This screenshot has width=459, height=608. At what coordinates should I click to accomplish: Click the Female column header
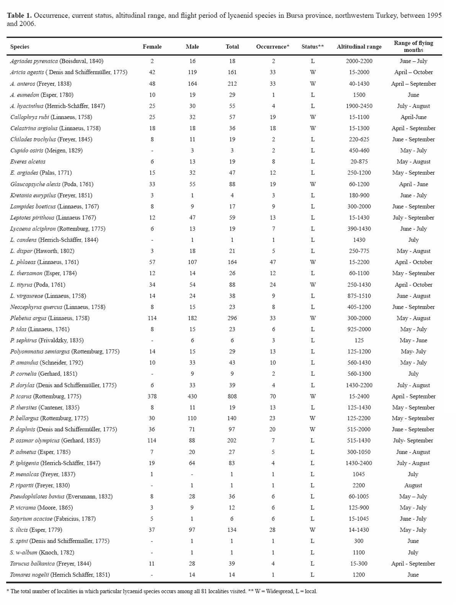[152, 47]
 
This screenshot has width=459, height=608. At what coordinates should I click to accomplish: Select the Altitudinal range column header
[359, 47]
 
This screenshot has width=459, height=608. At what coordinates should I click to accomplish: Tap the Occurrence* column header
[272, 47]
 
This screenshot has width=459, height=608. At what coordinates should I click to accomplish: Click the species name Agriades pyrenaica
[34, 61]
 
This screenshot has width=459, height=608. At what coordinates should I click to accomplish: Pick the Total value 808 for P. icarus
[232, 396]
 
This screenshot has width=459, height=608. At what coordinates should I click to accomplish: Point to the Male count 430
[192, 396]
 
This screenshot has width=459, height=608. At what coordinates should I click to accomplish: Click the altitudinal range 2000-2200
[359, 61]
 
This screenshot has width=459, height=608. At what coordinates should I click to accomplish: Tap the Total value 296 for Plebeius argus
[232, 318]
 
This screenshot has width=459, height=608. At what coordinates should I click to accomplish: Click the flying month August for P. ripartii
[413, 485]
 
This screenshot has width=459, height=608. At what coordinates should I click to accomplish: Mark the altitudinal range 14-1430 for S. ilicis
[359, 530]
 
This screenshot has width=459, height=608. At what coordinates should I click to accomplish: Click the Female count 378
[152, 396]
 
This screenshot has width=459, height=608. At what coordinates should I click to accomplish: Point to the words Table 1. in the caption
[19, 16]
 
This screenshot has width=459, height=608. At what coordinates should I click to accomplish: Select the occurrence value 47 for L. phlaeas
[272, 262]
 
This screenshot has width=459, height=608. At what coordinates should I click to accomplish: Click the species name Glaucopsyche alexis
[35, 184]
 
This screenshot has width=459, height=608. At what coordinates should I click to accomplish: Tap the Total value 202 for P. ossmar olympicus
[232, 441]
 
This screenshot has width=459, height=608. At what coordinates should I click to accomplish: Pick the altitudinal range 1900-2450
[359, 106]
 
